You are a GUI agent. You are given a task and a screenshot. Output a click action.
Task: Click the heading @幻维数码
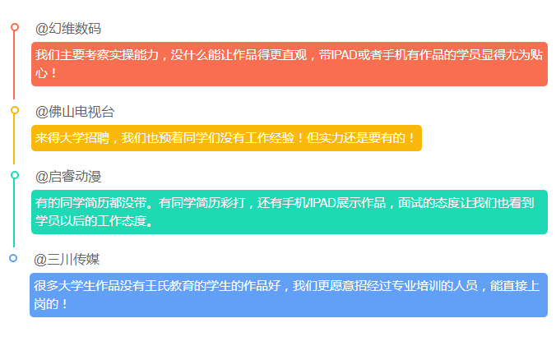[x=68, y=28]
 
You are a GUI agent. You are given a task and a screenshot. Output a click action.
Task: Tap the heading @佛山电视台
[x=75, y=112]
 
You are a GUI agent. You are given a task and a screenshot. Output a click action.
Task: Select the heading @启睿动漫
[x=68, y=177]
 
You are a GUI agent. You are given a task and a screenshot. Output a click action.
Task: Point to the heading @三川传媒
[x=67, y=260]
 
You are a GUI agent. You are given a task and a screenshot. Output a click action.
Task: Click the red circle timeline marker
[x=15, y=27]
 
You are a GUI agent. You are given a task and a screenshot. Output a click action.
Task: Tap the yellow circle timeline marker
[x=15, y=110]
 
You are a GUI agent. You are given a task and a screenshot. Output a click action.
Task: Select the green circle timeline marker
[x=15, y=175]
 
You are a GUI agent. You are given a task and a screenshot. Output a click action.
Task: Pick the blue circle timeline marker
[x=13, y=258]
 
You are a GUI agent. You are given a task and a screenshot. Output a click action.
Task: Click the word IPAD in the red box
[x=344, y=55]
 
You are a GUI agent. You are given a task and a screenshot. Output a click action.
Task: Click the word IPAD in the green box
[x=323, y=203]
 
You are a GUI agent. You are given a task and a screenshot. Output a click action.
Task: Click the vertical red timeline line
[x=14, y=65]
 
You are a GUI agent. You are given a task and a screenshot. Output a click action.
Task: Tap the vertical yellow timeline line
[x=14, y=139]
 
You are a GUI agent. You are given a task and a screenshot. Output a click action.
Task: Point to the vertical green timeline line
[x=14, y=213]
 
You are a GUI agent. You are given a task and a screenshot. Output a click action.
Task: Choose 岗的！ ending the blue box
[x=50, y=304]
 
